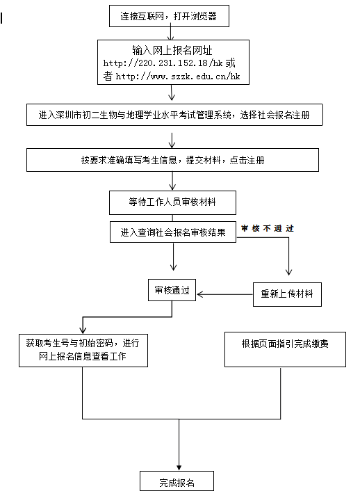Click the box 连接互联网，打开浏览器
pos(169,16)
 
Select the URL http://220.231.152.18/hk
pos(163,63)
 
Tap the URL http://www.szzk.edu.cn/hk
pos(178,77)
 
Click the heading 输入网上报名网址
pos(172,50)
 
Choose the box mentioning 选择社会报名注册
pos(174,115)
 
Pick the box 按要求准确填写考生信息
pos(172,160)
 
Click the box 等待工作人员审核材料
pos(172,202)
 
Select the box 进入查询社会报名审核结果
pos(173,232)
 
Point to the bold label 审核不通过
pos(268,228)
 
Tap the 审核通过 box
pos(172,290)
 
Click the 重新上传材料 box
pos(287,294)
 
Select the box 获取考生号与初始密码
pos(83,351)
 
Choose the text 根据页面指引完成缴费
pos(285,344)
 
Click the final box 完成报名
pos(177,481)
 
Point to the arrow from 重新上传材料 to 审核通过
pos(224,294)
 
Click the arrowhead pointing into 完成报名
pos(179,468)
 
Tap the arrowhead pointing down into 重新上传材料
pos(288,272)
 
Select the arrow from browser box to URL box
pos(171,33)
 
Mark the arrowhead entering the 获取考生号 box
pos(83,330)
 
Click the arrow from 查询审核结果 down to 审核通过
pos(173,257)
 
